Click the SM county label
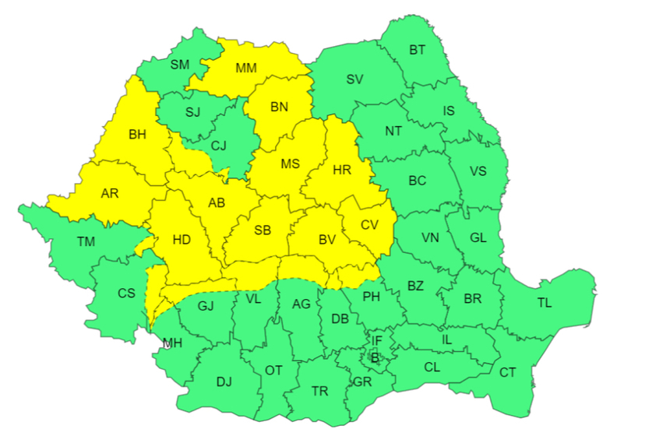pos(180,65)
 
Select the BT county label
pos(418,50)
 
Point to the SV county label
pos(354,79)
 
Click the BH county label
pos(137,135)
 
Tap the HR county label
pos(342,169)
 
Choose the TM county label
pos(86,242)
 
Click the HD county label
pos(182,240)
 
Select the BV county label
pos(327,240)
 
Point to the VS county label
pos(478,171)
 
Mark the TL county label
pos(544,303)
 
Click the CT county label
pos(508,372)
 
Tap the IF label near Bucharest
pos(376,340)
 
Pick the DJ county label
pos(224,381)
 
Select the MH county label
pos(173,343)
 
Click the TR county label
pos(319,391)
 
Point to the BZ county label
pos(415,286)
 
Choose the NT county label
pos(393,131)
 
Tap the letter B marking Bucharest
pos(375,357)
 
